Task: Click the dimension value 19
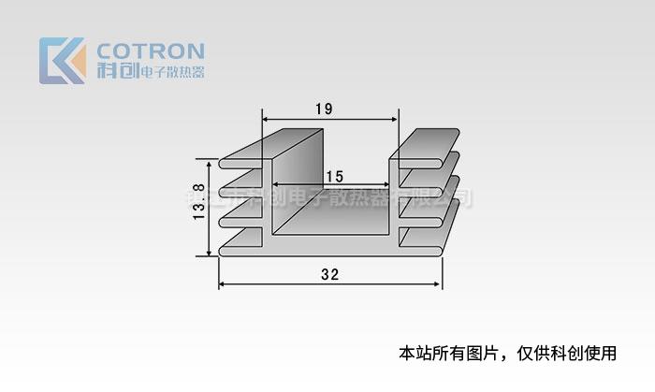pyautogui.click(x=324, y=109)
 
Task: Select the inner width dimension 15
pyautogui.click(x=335, y=176)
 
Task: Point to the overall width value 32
pyautogui.click(x=329, y=274)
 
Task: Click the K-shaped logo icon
pyautogui.click(x=62, y=60)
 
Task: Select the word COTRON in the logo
pyautogui.click(x=151, y=51)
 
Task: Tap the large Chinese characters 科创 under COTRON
pyautogui.click(x=115, y=71)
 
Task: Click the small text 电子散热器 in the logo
pyautogui.click(x=171, y=72)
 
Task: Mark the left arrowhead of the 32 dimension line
pyautogui.click(x=223, y=284)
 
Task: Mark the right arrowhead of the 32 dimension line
pyautogui.click(x=438, y=284)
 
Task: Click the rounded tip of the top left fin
pyautogui.click(x=223, y=162)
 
